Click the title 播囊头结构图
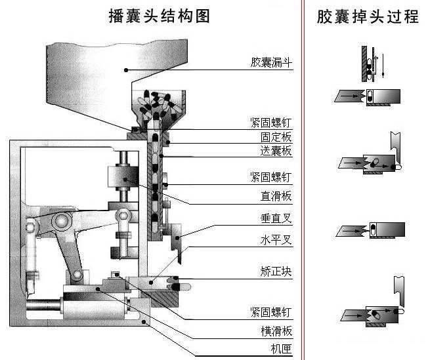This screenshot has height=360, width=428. [159, 16]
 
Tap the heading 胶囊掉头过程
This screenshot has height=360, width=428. [368, 16]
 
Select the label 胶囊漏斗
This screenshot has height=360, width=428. [271, 64]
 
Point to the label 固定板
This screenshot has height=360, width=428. [276, 138]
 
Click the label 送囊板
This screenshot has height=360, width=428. [276, 151]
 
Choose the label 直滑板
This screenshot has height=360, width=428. [276, 195]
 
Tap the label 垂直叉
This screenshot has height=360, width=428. [276, 218]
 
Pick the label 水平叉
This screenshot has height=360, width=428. [276, 239]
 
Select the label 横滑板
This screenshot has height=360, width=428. [276, 330]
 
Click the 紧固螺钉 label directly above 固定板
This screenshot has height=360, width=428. [271, 123]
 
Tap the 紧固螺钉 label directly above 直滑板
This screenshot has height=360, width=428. [271, 176]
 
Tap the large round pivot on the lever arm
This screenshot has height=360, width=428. [62, 220]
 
